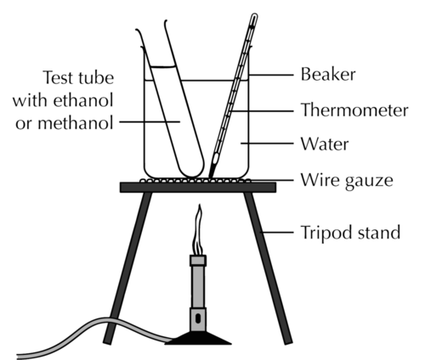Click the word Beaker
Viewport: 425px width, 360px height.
pyautogui.click(x=328, y=75)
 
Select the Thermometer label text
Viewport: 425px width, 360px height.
pyautogui.click(x=354, y=110)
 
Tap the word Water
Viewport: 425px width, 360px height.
pyautogui.click(x=325, y=144)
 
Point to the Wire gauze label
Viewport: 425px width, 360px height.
pyautogui.click(x=347, y=180)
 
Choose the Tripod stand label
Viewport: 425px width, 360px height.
pyautogui.click(x=350, y=233)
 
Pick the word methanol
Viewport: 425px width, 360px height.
pyautogui.click(x=76, y=123)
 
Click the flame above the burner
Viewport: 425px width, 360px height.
pyautogui.click(x=198, y=230)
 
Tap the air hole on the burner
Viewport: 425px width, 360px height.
pyautogui.click(x=198, y=318)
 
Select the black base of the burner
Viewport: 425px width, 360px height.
pyautogui.click(x=198, y=338)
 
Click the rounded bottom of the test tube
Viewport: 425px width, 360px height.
pyautogui.click(x=192, y=169)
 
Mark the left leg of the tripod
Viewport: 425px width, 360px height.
pyautogui.click(x=127, y=268)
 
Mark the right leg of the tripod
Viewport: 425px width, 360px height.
pyautogui.click(x=268, y=268)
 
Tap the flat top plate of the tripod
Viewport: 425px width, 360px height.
pyautogui.click(x=198, y=188)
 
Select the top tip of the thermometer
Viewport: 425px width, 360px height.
pyautogui.click(x=254, y=14)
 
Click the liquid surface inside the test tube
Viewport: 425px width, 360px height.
pyautogui.click(x=162, y=67)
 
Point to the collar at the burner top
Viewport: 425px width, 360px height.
pyautogui.click(x=198, y=261)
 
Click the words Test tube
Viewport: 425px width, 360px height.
pyautogui.click(x=78, y=77)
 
